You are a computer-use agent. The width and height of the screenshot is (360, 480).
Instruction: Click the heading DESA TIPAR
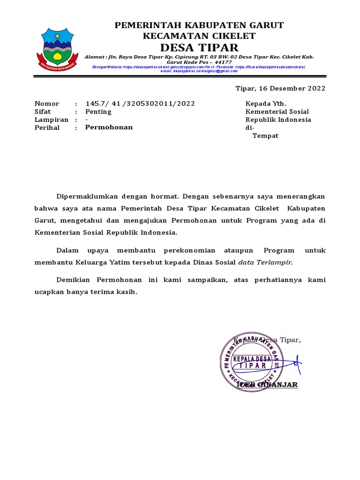199,47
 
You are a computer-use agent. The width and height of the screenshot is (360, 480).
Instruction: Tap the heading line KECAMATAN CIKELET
199,36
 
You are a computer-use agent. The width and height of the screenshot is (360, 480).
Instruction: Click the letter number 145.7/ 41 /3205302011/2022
140,104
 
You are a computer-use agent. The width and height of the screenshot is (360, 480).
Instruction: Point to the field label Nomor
47,104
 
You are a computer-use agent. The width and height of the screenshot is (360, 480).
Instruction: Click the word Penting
98,112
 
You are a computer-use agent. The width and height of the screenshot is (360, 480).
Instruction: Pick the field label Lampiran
52,120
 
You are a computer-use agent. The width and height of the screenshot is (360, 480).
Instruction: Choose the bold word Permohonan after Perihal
109,127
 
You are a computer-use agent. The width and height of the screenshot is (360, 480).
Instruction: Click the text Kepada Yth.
266,104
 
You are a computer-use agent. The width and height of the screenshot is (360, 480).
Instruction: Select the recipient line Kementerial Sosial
277,112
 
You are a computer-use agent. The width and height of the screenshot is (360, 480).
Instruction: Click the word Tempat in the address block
266,135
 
